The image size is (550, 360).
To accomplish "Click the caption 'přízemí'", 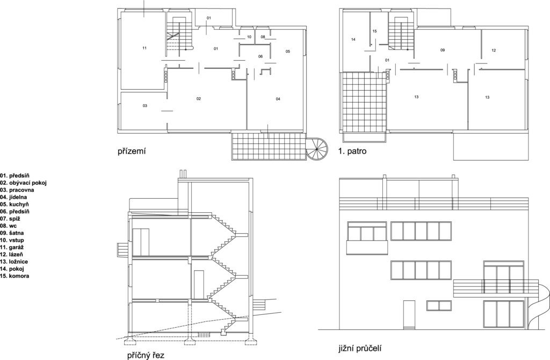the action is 132,152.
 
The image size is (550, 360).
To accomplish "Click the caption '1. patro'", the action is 352,151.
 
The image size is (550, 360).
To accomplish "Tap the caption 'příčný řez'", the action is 146,355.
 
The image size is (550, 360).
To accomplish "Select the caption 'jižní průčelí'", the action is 360,348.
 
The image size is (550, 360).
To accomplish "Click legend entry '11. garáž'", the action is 12,247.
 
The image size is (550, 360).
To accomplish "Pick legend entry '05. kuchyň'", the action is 15,204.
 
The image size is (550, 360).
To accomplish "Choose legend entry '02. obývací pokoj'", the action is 23,183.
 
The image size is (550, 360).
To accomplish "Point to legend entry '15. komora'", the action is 15,276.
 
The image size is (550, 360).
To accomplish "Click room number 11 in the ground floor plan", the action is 144,48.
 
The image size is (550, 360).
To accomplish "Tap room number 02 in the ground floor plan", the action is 199,98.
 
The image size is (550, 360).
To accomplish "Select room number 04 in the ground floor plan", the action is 278,99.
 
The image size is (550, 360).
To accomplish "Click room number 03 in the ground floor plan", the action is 145,106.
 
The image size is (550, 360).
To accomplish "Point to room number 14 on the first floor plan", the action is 353,39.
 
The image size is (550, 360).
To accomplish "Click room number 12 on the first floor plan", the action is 494,50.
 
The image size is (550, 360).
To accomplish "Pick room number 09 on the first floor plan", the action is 443,50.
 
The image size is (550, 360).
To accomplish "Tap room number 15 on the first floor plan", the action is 374,31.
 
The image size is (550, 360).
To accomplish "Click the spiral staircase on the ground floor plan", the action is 317,149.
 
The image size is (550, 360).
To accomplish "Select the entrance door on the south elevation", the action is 409,315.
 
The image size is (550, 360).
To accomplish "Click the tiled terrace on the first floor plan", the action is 364,102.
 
